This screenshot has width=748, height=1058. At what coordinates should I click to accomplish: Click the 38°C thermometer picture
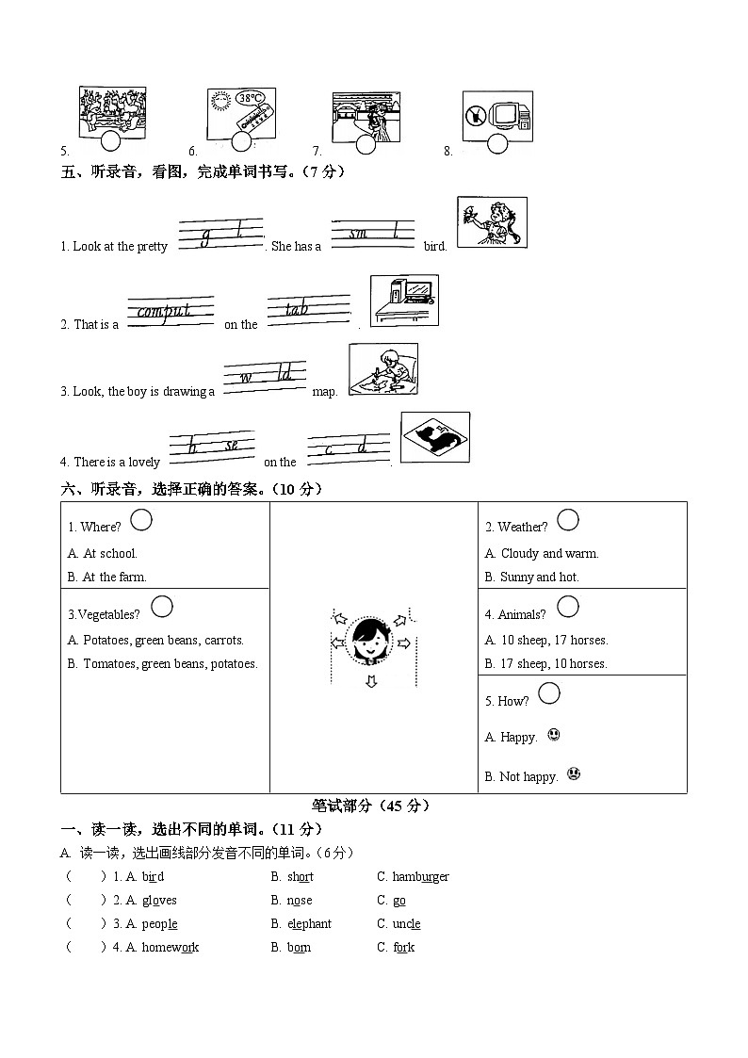[x=241, y=114]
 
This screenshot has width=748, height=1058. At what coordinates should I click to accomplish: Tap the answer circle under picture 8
[x=497, y=144]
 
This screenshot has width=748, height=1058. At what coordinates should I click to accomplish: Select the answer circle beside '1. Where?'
[x=141, y=519]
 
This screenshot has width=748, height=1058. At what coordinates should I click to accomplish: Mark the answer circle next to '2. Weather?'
[x=568, y=519]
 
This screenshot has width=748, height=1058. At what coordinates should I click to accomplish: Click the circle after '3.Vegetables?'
[x=162, y=607]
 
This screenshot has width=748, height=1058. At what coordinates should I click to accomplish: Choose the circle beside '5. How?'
[x=548, y=694]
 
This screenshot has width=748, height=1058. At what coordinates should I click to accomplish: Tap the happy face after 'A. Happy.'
[x=554, y=735]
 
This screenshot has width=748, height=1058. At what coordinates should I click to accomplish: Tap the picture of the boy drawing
[x=383, y=369]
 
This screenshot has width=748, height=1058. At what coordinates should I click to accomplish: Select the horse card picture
[x=435, y=437]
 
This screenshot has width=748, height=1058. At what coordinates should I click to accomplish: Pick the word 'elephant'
[x=309, y=924]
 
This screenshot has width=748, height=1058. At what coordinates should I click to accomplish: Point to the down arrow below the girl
[x=370, y=681]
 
